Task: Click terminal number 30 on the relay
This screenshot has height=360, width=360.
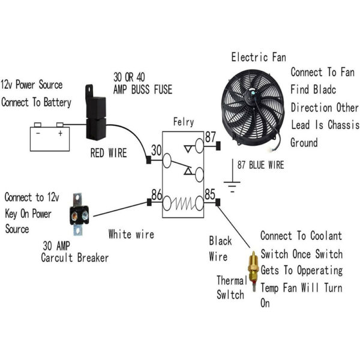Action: [x=156, y=149]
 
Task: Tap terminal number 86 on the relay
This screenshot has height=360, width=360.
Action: [x=155, y=194]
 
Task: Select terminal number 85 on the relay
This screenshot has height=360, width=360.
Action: [x=209, y=194]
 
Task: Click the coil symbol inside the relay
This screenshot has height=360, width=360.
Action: [x=183, y=204]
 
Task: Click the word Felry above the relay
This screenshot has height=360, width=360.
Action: [x=183, y=122]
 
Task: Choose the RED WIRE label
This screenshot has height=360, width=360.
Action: [x=109, y=154]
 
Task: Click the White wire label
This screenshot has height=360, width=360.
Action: [x=131, y=234]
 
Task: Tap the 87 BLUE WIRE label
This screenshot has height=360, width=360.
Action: [x=260, y=165]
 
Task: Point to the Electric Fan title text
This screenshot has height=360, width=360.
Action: [x=259, y=58]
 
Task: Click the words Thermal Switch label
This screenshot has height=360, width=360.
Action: [x=230, y=287]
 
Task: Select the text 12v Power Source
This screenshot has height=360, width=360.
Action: [x=31, y=85]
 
